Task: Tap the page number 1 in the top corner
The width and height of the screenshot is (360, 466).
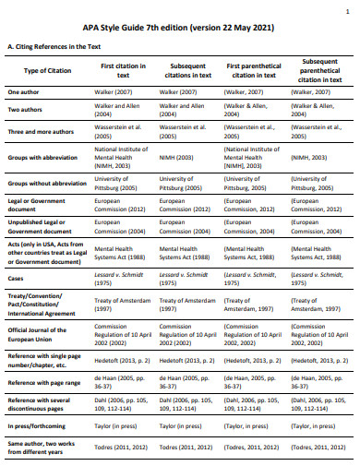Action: (346, 6)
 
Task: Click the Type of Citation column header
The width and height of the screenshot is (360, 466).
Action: (46, 71)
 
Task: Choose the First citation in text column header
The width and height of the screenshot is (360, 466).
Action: (123, 71)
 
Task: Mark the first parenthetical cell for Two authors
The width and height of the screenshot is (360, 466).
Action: (251, 111)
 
